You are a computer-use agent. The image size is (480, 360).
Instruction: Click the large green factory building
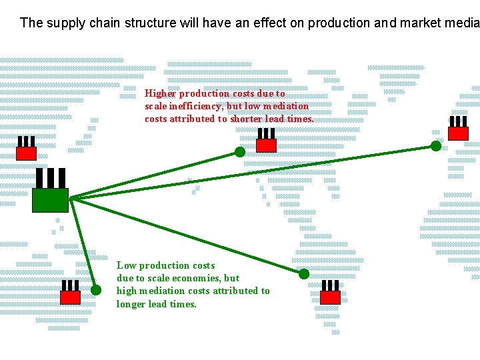[50, 199]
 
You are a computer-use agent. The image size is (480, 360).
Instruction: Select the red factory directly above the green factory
[26, 153]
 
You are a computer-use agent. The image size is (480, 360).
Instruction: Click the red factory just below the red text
[266, 145]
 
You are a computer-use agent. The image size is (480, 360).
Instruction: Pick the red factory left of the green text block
[70, 297]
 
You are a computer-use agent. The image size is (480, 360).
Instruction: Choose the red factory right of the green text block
[330, 297]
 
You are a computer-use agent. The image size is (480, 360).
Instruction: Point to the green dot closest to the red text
[240, 152]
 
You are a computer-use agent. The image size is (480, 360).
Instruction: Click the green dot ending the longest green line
[436, 146]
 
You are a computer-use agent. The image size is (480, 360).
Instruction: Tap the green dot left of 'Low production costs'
[96, 290]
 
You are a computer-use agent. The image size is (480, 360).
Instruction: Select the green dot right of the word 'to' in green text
[304, 274]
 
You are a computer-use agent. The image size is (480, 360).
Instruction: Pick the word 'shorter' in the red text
[247, 119]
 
